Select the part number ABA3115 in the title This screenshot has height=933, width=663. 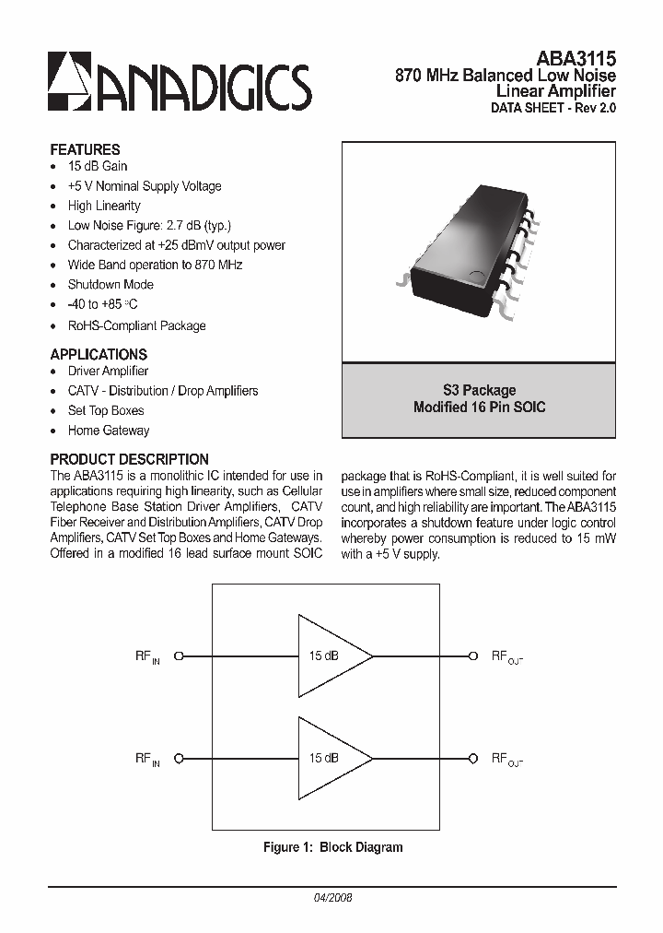tap(576, 57)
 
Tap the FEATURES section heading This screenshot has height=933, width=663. tap(85, 149)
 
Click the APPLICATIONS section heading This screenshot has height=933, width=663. tap(99, 354)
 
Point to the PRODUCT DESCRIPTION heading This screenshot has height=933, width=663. tap(129, 459)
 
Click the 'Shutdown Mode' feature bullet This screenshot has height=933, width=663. tap(110, 285)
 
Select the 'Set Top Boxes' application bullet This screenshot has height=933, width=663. tap(106, 410)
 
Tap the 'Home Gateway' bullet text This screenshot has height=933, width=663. tap(108, 431)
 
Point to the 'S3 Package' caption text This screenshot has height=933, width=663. tap(479, 390)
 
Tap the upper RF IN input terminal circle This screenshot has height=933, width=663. tap(180, 655)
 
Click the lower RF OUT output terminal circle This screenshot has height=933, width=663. tap(473, 758)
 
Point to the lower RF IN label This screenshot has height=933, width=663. tap(147, 759)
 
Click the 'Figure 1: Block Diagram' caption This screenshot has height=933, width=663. tap(332, 847)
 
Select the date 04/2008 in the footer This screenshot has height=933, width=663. tap(332, 897)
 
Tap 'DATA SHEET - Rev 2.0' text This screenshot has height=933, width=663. tap(552, 108)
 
